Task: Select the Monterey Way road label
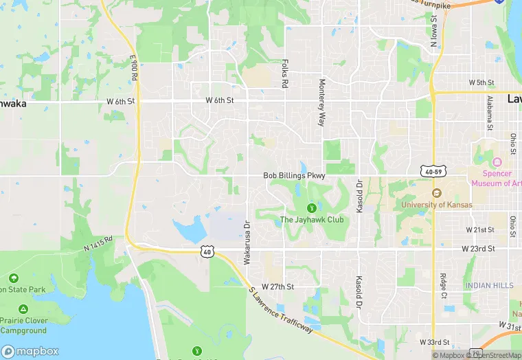click(x=321, y=102)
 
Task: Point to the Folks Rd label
click(x=284, y=73)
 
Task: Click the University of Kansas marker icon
click(x=435, y=193)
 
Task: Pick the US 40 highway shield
click(x=206, y=252)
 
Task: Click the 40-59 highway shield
click(x=435, y=170)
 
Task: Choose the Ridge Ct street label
click(x=443, y=284)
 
